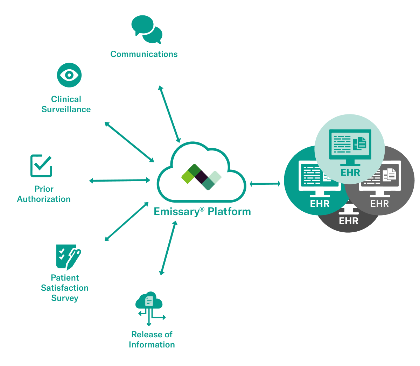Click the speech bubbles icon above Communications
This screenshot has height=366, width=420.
click(147, 29)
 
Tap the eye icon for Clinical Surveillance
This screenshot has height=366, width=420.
click(69, 75)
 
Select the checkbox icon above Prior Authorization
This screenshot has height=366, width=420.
click(41, 166)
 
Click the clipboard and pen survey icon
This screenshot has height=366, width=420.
click(68, 256)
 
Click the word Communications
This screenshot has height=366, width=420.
click(144, 54)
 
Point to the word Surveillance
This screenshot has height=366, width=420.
click(66, 109)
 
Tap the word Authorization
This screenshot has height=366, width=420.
click(44, 199)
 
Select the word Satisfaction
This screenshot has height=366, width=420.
click(65, 288)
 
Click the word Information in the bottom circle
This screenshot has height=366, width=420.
click(152, 345)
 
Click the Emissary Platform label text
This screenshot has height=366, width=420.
click(202, 211)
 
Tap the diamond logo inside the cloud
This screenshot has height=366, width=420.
click(202, 177)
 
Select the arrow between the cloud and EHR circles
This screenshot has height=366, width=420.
click(265, 183)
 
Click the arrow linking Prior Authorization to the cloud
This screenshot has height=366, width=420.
click(120, 181)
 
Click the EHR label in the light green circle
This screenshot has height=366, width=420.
click(350, 172)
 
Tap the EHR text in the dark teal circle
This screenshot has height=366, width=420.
click(320, 204)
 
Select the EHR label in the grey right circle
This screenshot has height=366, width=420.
click(380, 204)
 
